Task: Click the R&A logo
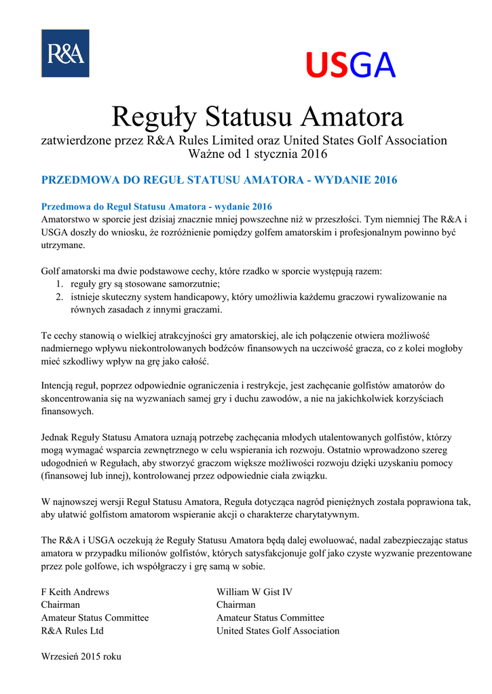65,53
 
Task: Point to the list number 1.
59,284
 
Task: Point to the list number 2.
59,297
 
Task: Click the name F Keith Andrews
75,592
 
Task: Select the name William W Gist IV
254,592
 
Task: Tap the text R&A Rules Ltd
72,630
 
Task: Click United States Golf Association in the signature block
278,630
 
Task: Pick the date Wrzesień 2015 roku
81,656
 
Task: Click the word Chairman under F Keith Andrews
60,605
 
